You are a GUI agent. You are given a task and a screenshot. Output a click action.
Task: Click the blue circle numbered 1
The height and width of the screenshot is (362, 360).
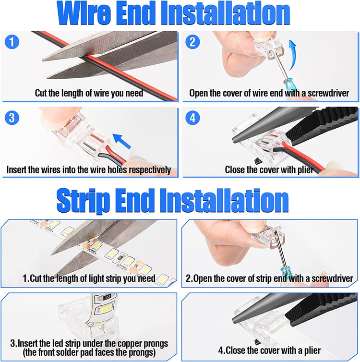pyautogui.click(x=12, y=42)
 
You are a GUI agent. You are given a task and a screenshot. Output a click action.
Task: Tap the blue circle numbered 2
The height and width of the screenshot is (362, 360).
pyautogui.click(x=192, y=42)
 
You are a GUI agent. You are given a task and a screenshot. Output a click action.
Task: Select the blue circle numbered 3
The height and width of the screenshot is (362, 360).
pyautogui.click(x=12, y=118)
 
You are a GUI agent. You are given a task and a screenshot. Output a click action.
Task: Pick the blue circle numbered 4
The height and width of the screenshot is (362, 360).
pyautogui.click(x=192, y=118)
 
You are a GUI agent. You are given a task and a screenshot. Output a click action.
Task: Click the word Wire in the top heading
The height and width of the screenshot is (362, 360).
pyautogui.click(x=84, y=13)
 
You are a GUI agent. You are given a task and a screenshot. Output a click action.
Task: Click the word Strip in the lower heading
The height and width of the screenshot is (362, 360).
pyautogui.click(x=83, y=201)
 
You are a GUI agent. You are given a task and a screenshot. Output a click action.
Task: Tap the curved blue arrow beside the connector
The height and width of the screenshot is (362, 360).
pyautogui.click(x=292, y=55)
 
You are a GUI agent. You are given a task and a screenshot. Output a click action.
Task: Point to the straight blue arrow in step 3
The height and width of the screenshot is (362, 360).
pyautogui.click(x=121, y=141)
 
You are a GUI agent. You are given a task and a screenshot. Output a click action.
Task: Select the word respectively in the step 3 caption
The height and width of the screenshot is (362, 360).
pyautogui.click(x=150, y=170)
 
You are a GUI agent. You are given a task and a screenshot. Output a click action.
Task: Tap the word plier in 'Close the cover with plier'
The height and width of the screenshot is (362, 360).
pyautogui.click(x=305, y=169)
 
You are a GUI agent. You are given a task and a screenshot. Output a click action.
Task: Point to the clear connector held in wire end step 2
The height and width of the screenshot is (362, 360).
pyautogui.click(x=269, y=48)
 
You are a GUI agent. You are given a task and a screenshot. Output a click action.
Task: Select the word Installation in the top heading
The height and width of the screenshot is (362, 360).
pyautogui.click(x=225, y=13)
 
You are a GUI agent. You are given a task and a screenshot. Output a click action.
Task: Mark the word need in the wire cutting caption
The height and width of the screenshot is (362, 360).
pyautogui.click(x=134, y=93)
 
